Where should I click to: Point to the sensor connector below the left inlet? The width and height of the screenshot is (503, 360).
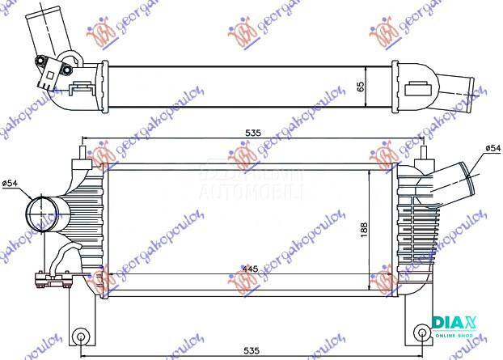tap(47, 281)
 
